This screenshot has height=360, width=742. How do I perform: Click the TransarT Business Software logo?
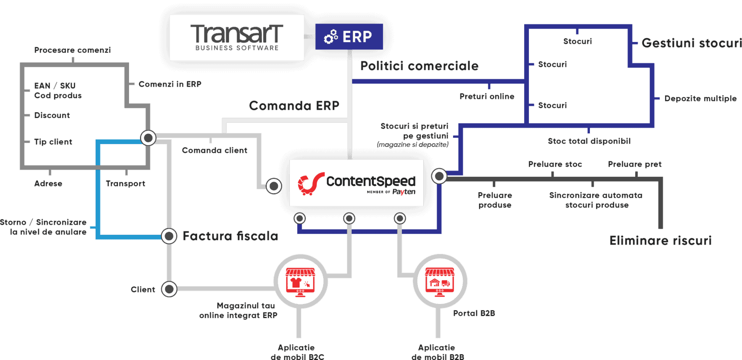click(237, 37)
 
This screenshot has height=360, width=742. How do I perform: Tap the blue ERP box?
click(349, 37)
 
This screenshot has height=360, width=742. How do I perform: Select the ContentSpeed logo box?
click(356, 183)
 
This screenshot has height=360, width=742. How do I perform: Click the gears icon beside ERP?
click(331, 37)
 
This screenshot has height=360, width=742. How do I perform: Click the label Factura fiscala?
click(230, 236)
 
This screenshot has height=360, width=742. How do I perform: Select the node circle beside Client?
click(169, 289)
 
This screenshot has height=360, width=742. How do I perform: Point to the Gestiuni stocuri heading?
click(690, 43)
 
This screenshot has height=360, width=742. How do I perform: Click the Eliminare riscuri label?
click(660, 241)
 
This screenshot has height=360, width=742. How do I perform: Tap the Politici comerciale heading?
click(419, 66)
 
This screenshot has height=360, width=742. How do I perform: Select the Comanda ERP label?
click(294, 105)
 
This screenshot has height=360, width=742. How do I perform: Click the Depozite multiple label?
click(700, 99)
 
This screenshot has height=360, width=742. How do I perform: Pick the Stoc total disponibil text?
click(589, 141)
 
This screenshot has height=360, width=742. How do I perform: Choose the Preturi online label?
click(487, 97)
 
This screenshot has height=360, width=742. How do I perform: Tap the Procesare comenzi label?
click(72, 50)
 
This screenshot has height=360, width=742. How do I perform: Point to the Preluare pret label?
click(635, 164)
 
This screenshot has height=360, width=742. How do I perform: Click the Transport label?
click(126, 184)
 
